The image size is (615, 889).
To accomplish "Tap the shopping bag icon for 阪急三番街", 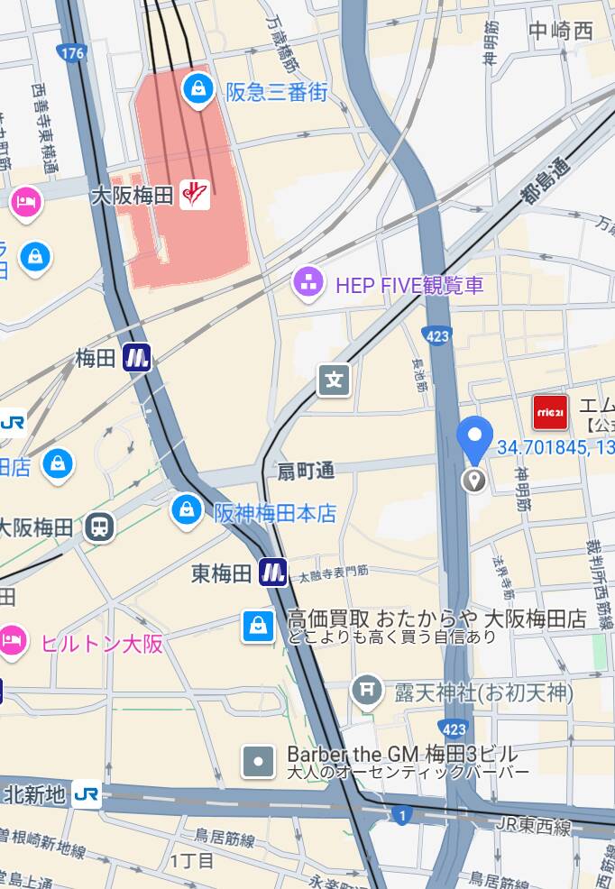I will tap(197, 88).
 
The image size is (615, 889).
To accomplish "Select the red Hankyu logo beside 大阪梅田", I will tap(195, 194).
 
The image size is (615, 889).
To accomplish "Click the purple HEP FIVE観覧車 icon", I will tap(309, 284).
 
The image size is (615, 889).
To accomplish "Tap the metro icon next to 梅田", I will tap(136, 358).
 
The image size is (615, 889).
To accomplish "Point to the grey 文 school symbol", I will tap(334, 380).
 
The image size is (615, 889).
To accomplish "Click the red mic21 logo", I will tap(550, 412).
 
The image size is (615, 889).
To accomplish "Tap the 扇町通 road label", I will tap(306, 471).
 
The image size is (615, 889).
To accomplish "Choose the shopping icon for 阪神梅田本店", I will tap(186, 510).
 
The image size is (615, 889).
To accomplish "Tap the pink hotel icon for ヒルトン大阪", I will tap(13, 641).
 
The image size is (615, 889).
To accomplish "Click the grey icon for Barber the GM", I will tap(259, 762).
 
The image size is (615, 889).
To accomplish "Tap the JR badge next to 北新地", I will tap(87, 793).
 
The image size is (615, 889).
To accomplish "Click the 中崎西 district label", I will tap(561, 31).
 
